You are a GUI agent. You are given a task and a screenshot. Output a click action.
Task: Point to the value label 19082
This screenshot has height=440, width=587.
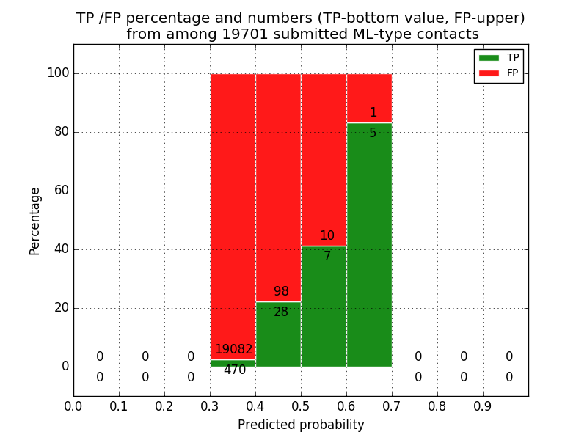tap(233, 350)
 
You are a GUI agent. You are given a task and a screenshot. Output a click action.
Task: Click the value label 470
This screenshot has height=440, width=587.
tap(235, 370)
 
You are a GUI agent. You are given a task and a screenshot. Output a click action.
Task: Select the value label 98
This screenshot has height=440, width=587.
tap(281, 292)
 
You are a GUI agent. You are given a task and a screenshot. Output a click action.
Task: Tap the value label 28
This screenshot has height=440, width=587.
tap(281, 312)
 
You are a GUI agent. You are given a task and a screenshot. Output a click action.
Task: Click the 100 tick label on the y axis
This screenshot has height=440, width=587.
tap(58, 73)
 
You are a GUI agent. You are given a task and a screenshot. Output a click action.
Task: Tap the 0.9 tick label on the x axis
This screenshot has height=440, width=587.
tap(483, 406)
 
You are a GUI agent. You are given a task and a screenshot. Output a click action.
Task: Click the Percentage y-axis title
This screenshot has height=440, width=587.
tap(35, 221)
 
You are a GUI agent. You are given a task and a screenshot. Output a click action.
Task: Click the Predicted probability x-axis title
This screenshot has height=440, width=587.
tap(301, 425)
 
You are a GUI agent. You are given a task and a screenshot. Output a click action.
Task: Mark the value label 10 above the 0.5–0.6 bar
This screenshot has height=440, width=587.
tap(327, 236)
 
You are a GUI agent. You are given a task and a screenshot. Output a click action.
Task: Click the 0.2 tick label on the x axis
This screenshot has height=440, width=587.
tap(164, 406)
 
